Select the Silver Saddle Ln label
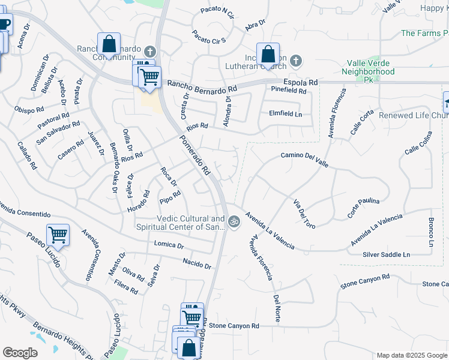[386, 255]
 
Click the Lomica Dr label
[169, 244]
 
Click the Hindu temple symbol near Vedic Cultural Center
[234, 221]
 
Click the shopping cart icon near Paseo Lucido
[58, 235]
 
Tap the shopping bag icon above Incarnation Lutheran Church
[268, 54]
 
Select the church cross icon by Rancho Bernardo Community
[149, 52]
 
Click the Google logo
[20, 353]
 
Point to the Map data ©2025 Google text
[412, 355]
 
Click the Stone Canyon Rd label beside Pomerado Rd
[234, 326]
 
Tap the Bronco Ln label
[431, 233]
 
